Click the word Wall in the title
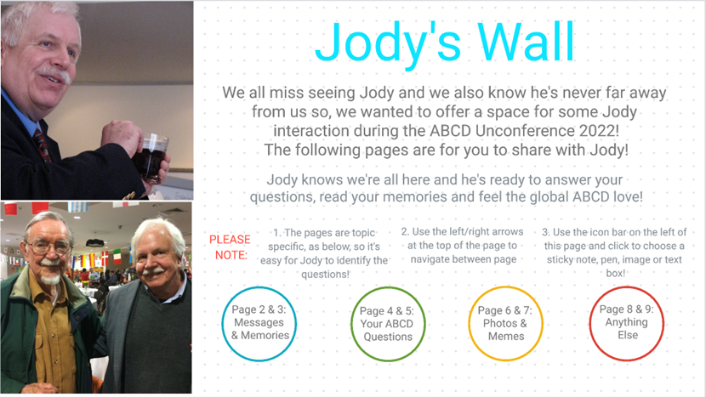[x=526, y=42]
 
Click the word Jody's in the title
[x=388, y=45]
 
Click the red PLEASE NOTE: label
[x=230, y=247]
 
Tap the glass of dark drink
[x=151, y=156]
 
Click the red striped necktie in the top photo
[x=42, y=144]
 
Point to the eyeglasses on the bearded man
[x=49, y=247]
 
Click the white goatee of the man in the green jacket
[x=50, y=279]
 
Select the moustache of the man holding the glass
[x=54, y=74]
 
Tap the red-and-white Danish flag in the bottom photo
[x=105, y=258]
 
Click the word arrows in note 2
[x=508, y=231]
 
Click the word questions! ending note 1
[x=325, y=274]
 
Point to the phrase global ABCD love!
[x=585, y=196]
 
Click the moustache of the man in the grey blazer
[x=153, y=271]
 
